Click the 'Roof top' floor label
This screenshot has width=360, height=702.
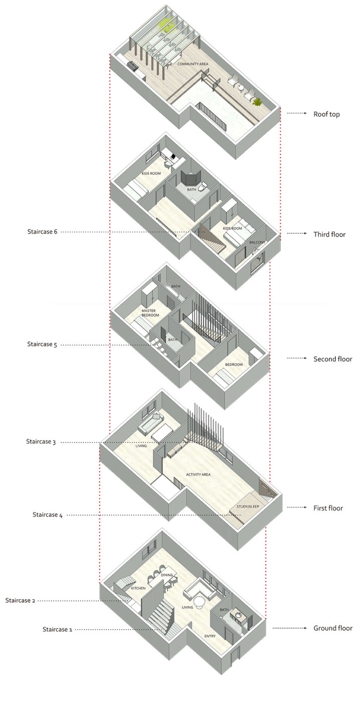[x=326, y=114]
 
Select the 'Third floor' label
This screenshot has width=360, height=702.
[x=329, y=235]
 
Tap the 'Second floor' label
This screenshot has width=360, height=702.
[x=333, y=359]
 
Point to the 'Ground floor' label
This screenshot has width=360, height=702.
[x=333, y=628]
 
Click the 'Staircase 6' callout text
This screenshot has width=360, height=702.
[x=42, y=232]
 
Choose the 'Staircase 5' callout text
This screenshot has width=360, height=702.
[x=42, y=344]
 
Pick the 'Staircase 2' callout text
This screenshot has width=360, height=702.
[x=20, y=601]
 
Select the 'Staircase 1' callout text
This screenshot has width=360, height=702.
[x=57, y=629]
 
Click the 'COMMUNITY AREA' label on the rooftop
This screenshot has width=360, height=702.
[x=193, y=64]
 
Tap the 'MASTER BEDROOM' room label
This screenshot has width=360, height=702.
[x=150, y=313]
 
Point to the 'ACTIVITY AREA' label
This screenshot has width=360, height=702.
[x=199, y=474]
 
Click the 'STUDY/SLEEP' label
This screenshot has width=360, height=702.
[x=248, y=506]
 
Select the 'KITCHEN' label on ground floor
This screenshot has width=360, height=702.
[x=138, y=588]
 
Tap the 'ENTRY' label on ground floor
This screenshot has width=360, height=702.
[x=210, y=636]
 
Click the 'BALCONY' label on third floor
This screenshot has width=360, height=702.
[x=257, y=242]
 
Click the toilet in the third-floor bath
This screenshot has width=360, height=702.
[x=204, y=186]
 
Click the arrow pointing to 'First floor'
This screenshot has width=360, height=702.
[x=297, y=507]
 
